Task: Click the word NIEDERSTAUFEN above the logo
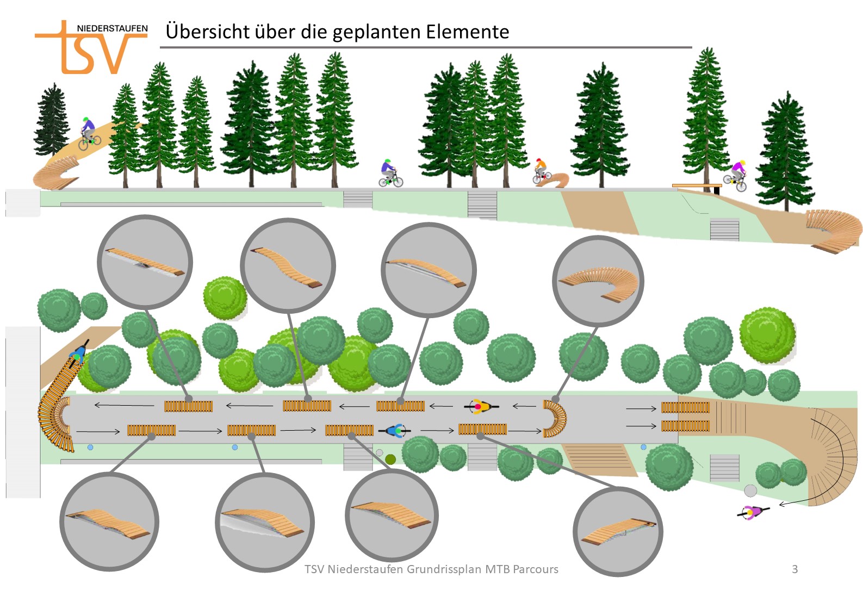(112, 28)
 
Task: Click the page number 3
(794, 569)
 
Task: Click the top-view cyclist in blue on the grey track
(398, 431)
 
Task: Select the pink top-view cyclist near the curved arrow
(753, 512)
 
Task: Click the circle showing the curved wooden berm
(598, 281)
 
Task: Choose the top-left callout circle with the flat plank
(145, 262)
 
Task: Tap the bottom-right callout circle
(618, 531)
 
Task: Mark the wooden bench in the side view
(696, 187)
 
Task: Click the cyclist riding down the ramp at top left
(88, 133)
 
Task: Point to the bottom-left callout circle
(109, 521)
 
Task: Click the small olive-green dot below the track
(390, 460)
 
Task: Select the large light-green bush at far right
(767, 336)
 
